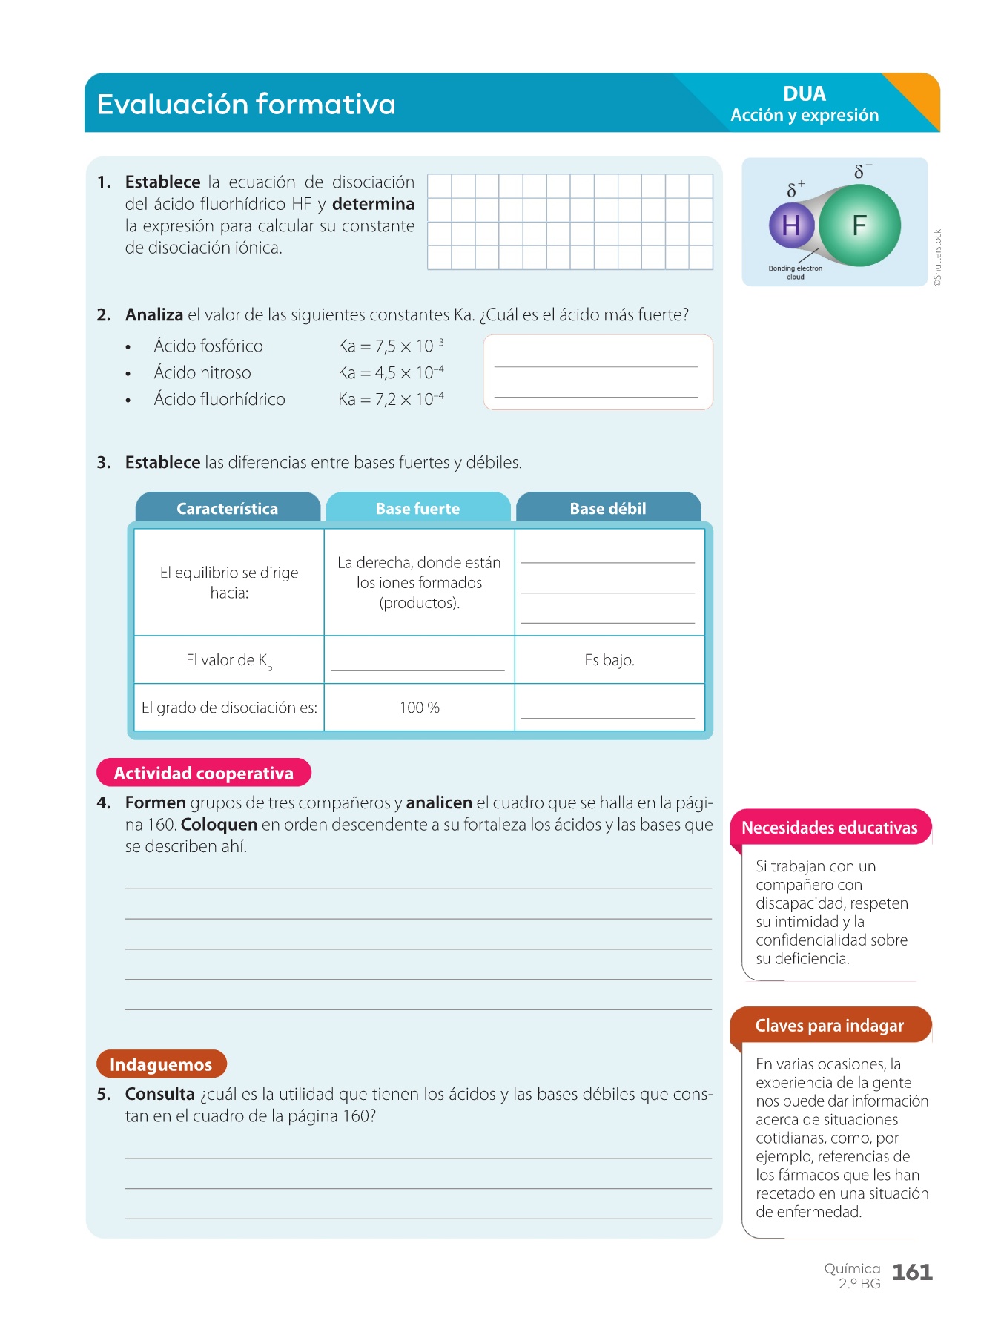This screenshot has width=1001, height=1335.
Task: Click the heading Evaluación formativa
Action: tap(246, 105)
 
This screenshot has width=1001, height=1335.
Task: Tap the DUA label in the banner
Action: tap(804, 94)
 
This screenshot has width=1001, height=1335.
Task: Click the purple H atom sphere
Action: tap(791, 225)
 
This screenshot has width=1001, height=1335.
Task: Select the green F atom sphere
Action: tap(859, 225)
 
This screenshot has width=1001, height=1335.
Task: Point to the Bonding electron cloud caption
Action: tap(795, 272)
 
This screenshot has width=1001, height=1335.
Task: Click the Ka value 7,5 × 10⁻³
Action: tap(391, 346)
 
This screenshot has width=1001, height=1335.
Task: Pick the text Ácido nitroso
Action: tap(202, 372)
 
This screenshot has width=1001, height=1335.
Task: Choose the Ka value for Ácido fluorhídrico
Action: tap(391, 400)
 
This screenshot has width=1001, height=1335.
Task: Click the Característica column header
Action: tap(228, 508)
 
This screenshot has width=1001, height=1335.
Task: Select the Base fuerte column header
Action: tap(417, 508)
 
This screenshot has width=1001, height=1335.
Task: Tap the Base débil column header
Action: tap(608, 508)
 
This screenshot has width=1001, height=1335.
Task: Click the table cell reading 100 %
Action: tap(420, 708)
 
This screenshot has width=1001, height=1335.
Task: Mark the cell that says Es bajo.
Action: tap(609, 660)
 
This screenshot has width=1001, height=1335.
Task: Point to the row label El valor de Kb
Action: tap(228, 660)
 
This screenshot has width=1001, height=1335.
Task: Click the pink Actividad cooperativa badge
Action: tap(204, 773)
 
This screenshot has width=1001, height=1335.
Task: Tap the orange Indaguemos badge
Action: tap(161, 1064)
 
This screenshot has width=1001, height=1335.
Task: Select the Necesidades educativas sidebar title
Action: tap(830, 828)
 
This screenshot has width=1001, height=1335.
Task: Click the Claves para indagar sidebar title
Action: tap(830, 1026)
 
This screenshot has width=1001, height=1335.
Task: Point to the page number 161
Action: tap(912, 1273)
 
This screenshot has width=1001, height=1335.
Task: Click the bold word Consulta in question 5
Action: tap(159, 1094)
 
